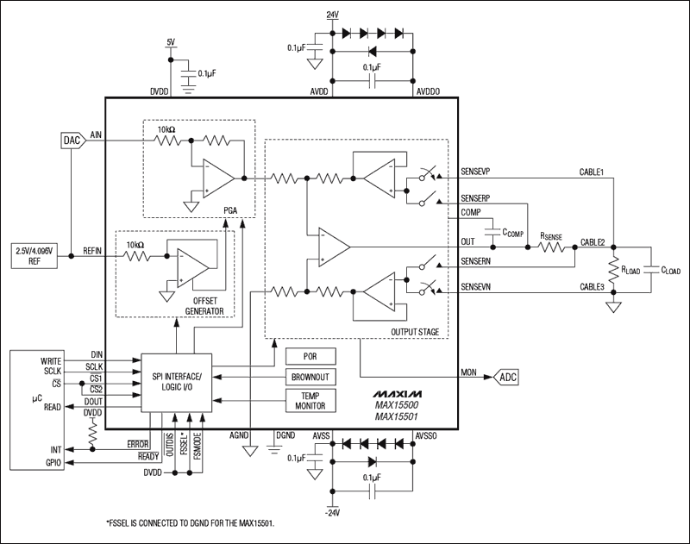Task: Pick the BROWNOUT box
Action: coord(312,377)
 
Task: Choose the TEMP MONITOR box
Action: coord(312,401)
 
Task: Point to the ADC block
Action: coord(508,377)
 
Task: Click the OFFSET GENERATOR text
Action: coord(205,305)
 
